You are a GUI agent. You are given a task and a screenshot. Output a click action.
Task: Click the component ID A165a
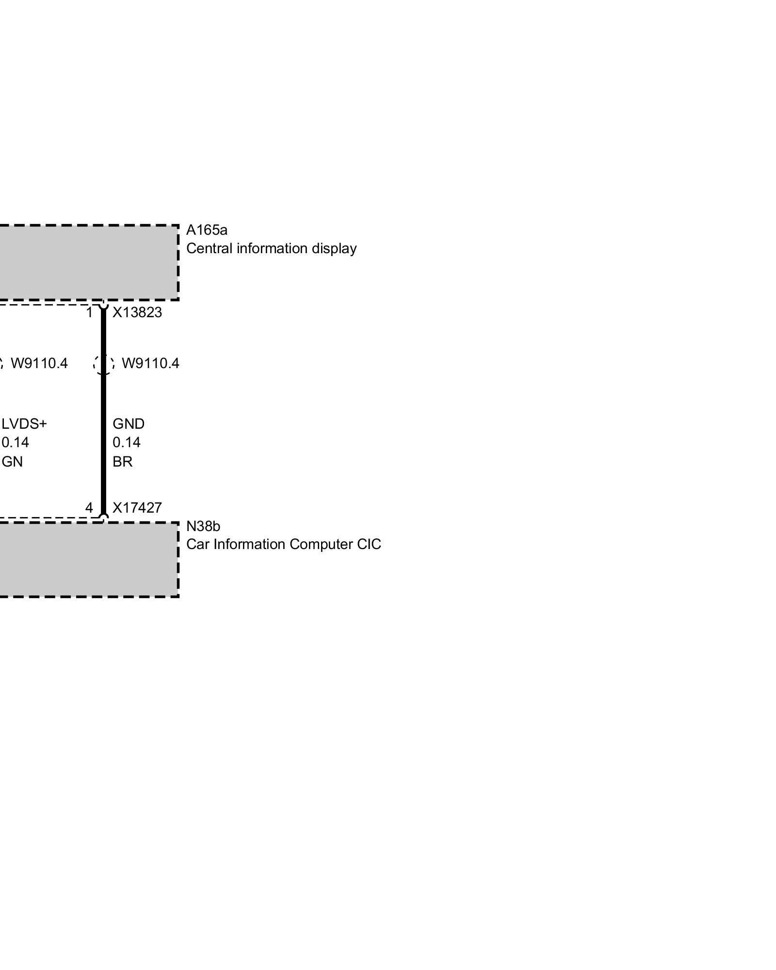(207, 229)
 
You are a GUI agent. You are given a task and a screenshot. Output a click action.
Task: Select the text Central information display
(271, 248)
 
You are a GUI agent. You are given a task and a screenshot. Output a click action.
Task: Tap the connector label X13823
(137, 312)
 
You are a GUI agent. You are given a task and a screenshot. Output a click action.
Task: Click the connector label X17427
(137, 508)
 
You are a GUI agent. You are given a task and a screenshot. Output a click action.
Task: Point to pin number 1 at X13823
(89, 313)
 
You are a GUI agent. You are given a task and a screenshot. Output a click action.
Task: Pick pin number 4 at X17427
(89, 508)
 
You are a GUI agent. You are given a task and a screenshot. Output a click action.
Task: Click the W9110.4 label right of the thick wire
(150, 363)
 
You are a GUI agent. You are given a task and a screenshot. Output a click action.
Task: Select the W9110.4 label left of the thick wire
(39, 363)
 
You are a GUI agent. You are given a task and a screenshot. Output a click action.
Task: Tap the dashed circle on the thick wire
(103, 364)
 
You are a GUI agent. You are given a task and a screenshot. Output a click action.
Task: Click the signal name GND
(129, 424)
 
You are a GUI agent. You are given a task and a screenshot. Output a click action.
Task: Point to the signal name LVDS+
(24, 424)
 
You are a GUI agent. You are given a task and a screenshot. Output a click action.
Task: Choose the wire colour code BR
(122, 462)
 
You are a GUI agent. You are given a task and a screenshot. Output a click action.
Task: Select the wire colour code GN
(13, 462)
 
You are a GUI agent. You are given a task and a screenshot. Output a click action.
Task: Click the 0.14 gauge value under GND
(127, 442)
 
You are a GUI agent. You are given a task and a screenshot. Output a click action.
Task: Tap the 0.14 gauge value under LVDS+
(16, 442)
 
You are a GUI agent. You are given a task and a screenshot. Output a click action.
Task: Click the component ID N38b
(203, 526)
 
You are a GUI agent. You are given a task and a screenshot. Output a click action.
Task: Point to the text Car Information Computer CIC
(284, 544)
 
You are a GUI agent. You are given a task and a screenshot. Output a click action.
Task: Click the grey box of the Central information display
(87, 262)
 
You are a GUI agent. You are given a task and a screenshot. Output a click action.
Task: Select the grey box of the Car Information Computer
(87, 559)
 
